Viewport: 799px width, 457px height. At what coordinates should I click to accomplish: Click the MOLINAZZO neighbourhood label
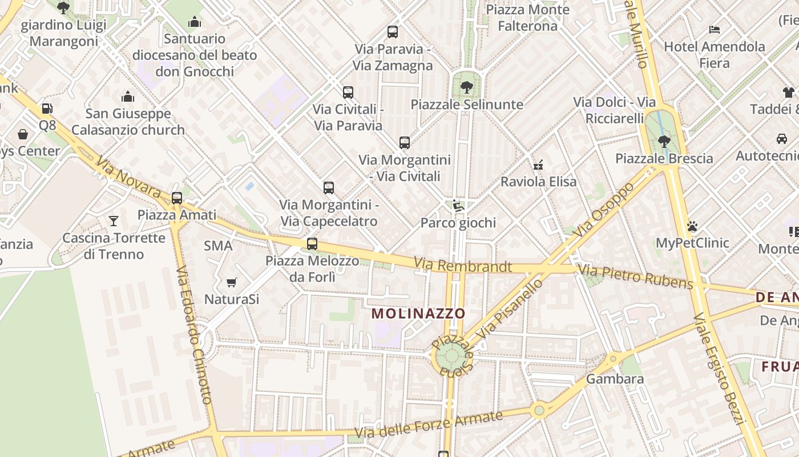(x=418, y=313)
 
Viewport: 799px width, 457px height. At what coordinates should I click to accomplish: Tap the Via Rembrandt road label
(x=463, y=266)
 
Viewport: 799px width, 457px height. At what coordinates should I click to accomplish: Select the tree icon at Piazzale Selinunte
(x=466, y=87)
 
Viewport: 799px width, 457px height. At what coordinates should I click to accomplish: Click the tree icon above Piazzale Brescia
(x=663, y=141)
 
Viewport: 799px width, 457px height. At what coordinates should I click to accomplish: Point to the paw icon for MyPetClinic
(x=692, y=226)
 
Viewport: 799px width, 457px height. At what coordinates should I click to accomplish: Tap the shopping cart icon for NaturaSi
(x=231, y=282)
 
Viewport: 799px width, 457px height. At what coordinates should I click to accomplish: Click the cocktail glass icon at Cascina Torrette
(x=114, y=221)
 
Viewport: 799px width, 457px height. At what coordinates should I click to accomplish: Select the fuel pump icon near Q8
(x=47, y=109)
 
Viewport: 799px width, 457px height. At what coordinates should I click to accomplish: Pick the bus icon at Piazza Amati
(x=177, y=198)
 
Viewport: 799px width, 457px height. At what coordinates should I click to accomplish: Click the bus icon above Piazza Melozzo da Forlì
(x=312, y=244)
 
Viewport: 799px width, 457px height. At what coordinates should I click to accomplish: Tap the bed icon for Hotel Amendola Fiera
(x=714, y=30)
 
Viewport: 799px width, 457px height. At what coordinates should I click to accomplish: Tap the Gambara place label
(x=615, y=379)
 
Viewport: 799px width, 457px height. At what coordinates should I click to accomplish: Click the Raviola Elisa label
(x=538, y=182)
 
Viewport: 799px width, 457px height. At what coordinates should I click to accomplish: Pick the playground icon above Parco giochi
(x=457, y=205)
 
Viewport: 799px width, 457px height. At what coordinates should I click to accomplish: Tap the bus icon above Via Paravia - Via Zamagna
(x=393, y=32)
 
